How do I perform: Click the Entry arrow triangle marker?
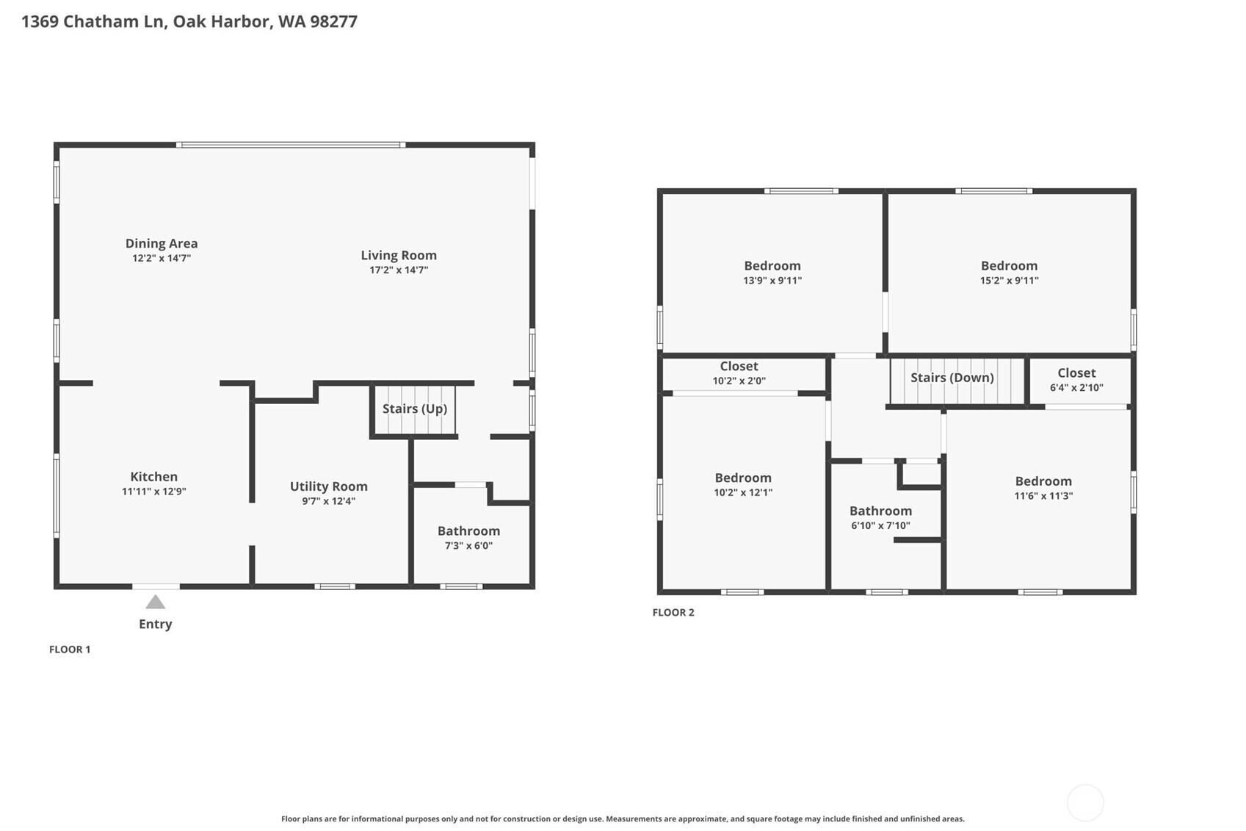(155, 602)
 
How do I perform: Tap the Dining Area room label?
(162, 243)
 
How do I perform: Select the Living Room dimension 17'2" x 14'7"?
(399, 270)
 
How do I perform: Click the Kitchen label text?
(154, 477)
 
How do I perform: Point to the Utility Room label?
(328, 486)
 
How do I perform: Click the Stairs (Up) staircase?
(415, 409)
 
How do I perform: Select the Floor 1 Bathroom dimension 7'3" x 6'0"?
(468, 546)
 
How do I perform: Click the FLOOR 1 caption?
(70, 650)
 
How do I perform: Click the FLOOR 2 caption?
(673, 613)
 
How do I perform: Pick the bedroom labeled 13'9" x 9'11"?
(772, 273)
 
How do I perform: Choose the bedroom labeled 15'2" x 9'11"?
(1009, 273)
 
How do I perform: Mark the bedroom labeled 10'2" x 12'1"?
(743, 485)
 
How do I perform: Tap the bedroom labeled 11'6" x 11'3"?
(1043, 488)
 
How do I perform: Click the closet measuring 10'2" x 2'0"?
(739, 373)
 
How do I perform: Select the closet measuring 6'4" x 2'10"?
(1076, 380)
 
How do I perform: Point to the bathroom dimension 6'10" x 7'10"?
(880, 526)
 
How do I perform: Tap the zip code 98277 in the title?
(333, 21)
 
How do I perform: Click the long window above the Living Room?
(291, 145)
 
